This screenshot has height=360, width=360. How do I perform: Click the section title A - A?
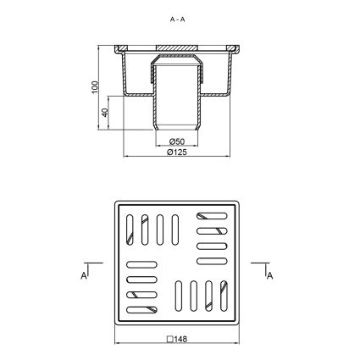point(177,19)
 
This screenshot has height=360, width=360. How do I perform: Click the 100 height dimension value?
point(95,87)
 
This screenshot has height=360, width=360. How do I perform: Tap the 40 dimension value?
point(105,113)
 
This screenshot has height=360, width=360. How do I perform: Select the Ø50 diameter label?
point(177,141)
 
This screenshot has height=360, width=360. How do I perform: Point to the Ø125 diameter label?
point(177,152)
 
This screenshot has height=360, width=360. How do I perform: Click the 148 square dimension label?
point(180,339)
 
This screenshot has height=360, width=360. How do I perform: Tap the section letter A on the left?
point(84,275)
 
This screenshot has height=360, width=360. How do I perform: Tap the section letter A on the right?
point(270,275)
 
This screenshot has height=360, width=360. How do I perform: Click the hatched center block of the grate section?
point(177,47)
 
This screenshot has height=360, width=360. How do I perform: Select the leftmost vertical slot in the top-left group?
point(130,230)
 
